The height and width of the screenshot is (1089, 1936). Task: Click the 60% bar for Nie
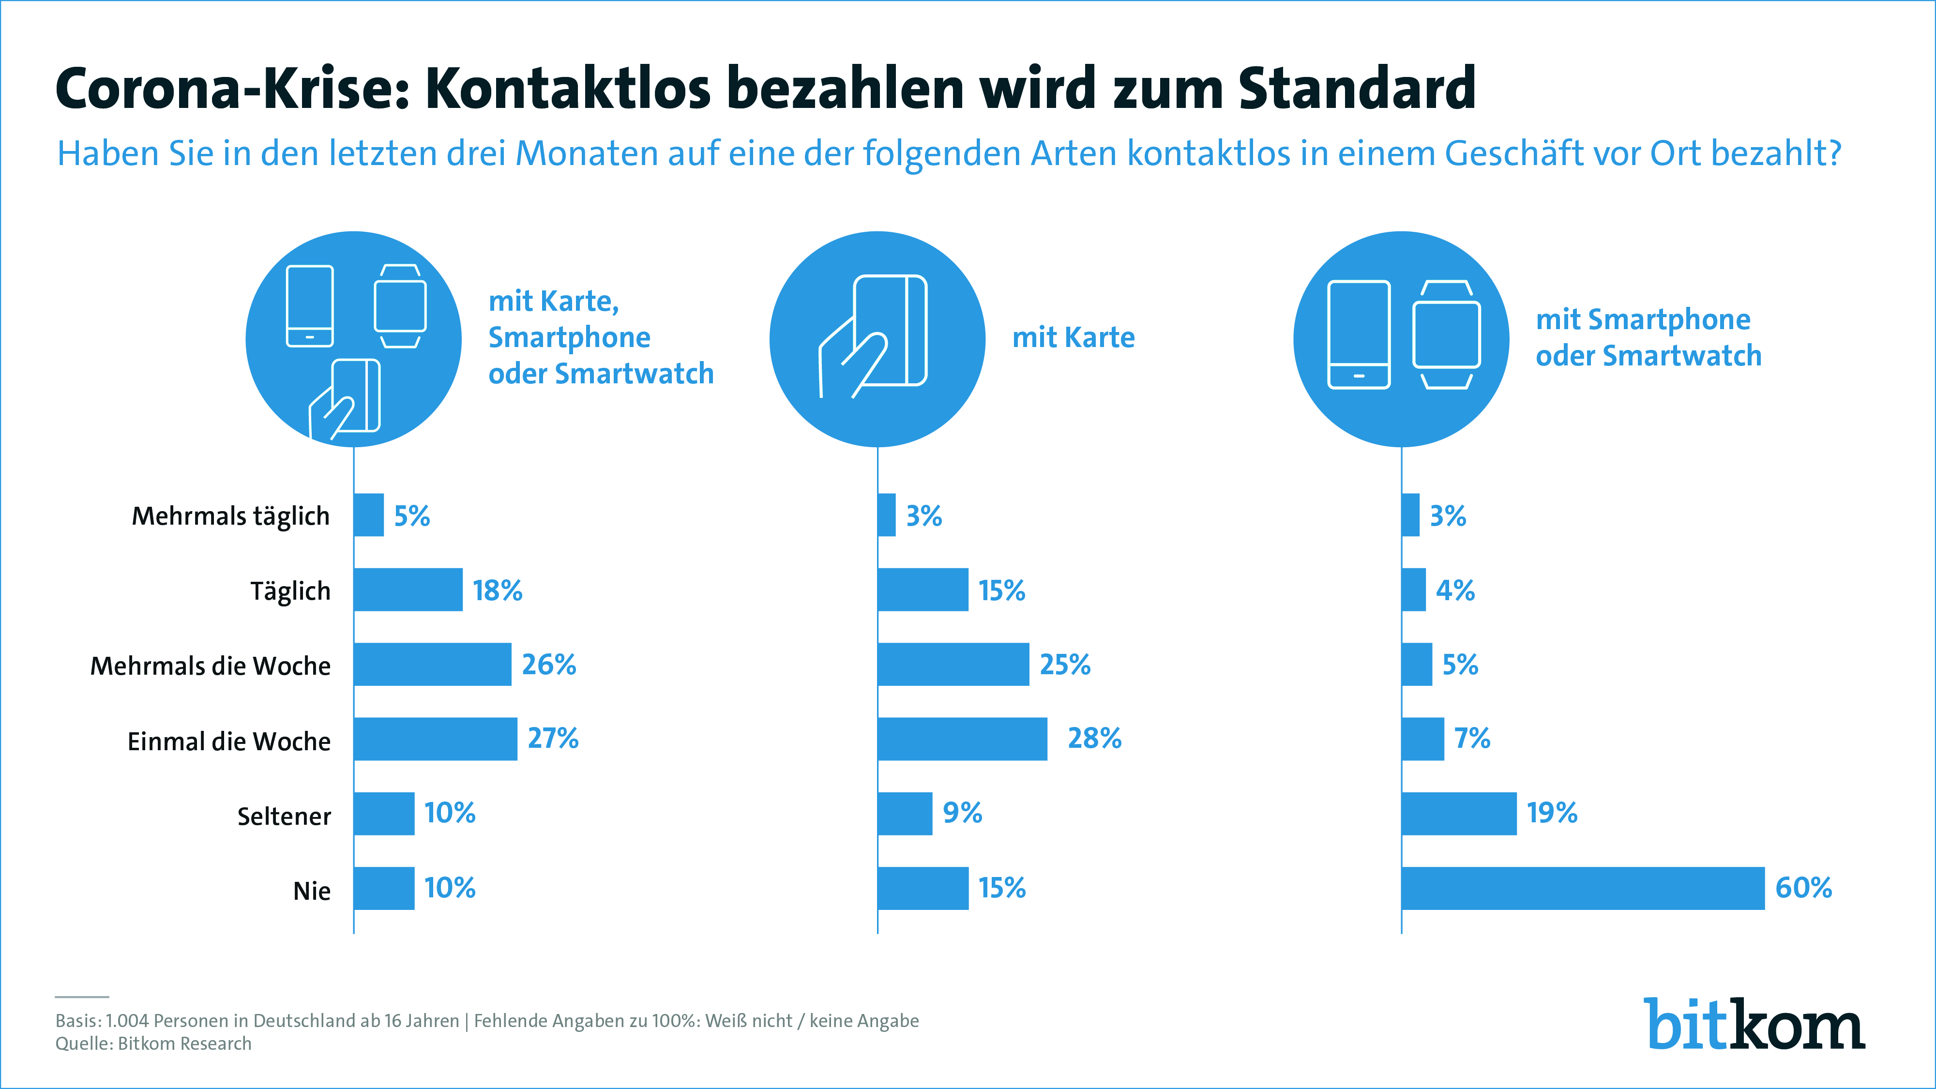coord(1583,888)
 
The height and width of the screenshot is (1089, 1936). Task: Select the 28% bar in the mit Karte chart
coord(962,739)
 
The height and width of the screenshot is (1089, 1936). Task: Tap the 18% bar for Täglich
coord(408,590)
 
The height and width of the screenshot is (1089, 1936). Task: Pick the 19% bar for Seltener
coord(1459,813)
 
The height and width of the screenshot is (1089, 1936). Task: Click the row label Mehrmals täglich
coord(231,516)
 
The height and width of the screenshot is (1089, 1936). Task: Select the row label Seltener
coord(284,816)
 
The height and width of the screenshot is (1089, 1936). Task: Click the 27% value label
coord(553,739)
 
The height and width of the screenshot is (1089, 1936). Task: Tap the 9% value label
coord(963,813)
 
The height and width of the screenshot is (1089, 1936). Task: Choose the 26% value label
coord(549,665)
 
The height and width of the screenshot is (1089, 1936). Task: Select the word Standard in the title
coord(1357,89)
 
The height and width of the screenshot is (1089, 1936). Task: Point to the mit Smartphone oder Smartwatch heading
coord(1648,337)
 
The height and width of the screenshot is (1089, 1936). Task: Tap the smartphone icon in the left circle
coord(310,306)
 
